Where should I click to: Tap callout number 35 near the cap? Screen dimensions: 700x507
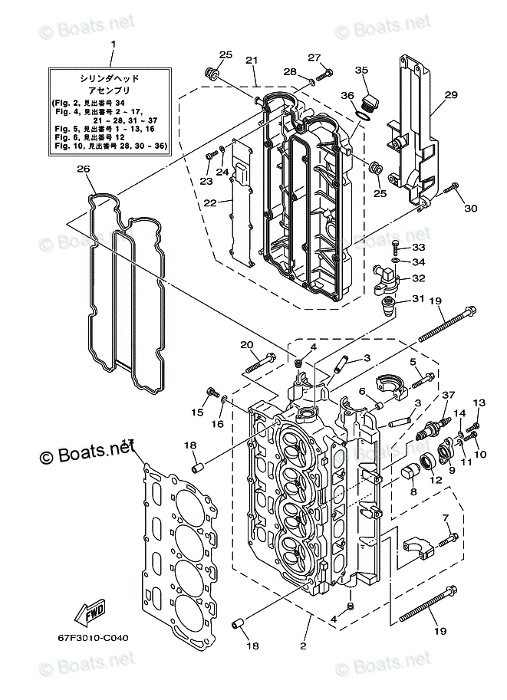click(362, 71)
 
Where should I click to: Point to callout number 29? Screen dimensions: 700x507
click(451, 95)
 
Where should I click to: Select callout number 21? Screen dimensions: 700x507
click(251, 61)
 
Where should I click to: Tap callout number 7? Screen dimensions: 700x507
click(446, 518)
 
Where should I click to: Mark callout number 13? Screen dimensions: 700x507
click(479, 403)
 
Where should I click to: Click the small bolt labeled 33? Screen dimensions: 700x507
click(394, 245)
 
